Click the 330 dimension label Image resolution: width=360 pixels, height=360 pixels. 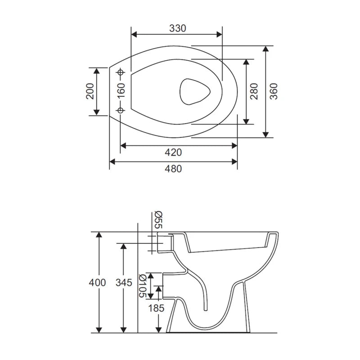[x=177, y=28]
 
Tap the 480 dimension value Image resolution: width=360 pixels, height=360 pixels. [x=173, y=169]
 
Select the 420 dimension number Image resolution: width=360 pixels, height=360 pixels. [x=173, y=152]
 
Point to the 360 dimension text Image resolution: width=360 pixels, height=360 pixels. [x=274, y=91]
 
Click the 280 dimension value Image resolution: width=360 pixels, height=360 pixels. [x=254, y=91]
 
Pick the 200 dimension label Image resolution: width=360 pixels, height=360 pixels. [x=90, y=91]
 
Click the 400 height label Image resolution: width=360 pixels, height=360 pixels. [x=97, y=283]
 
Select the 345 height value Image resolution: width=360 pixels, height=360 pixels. [x=124, y=283]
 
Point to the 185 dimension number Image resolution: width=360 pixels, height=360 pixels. [x=156, y=308]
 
